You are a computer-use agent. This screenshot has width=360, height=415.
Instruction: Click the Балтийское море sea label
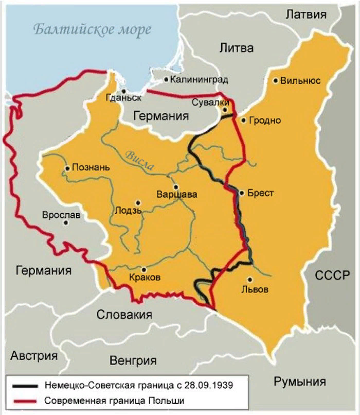click(93, 29)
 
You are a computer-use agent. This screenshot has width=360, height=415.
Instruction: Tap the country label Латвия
click(306, 14)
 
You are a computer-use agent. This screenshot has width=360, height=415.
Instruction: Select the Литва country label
click(237, 48)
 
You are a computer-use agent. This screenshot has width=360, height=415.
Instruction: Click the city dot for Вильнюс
click(276, 80)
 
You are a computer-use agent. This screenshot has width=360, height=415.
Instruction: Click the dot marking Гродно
click(243, 120)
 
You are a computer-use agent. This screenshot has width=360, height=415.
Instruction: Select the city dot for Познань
click(67, 168)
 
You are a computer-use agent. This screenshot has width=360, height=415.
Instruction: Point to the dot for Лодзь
click(137, 203)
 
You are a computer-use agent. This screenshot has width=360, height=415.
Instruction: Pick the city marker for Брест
click(241, 193)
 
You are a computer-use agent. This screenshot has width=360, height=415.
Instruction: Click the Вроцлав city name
click(61, 215)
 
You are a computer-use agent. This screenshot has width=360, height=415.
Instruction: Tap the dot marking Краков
click(143, 269)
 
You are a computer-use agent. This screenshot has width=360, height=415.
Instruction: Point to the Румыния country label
click(300, 382)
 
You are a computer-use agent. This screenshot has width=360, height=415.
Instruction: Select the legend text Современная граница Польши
click(114, 400)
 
